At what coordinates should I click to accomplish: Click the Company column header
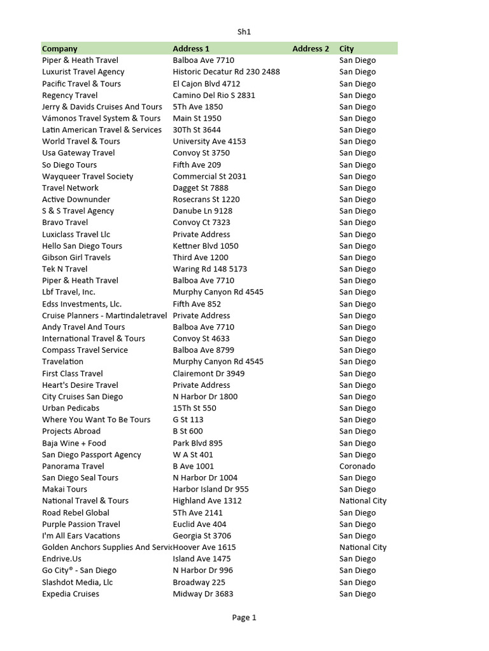pos(60,48)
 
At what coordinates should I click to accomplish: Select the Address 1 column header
pos(191,48)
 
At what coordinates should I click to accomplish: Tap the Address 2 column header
pos(311,48)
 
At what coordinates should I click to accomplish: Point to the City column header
pos(346,48)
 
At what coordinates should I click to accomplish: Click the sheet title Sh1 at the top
pos(244,31)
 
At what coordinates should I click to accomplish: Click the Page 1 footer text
pos(244,617)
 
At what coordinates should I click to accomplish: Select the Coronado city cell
pos(357,466)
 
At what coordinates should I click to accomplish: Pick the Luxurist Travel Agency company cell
pos(83,72)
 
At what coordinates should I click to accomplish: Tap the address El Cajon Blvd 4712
pos(206,83)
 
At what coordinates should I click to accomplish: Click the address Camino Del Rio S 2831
pos(214,95)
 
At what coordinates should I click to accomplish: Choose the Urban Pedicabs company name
pos(71,408)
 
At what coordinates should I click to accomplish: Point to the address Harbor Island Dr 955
pos(211,489)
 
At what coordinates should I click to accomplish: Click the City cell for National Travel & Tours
pos(363,500)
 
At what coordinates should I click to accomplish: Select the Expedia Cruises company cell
pos(71,594)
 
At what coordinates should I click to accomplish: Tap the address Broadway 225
pos(199,582)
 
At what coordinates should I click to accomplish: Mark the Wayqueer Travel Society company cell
pos(88,176)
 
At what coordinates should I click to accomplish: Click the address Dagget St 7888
pos(201,188)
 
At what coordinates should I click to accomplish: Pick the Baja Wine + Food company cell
pos(74,443)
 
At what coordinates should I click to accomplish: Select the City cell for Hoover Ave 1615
pos(363,547)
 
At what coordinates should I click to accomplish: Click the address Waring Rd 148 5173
pos(210,269)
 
